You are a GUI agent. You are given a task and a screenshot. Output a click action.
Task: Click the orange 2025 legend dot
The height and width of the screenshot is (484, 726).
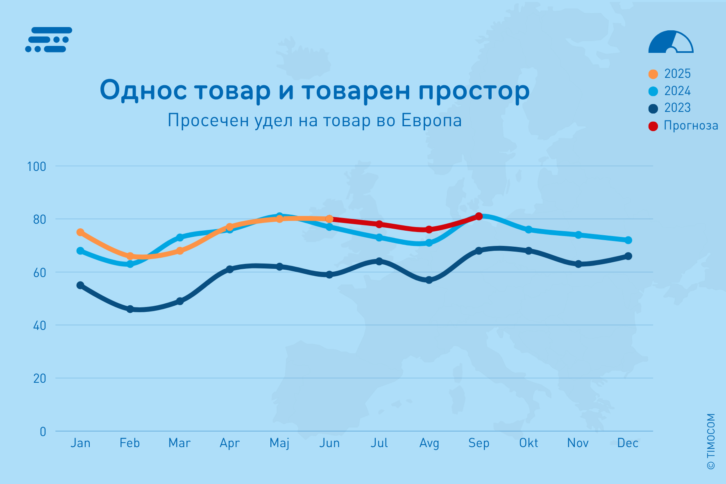pyautogui.click(x=653, y=74)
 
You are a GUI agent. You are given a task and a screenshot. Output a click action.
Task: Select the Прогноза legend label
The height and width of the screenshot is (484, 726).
pyautogui.click(x=691, y=125)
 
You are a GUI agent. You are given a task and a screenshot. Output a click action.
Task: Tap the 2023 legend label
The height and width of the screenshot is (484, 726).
pyautogui.click(x=677, y=108)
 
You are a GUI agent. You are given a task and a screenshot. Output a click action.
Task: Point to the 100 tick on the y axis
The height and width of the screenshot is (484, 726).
pyautogui.click(x=36, y=166)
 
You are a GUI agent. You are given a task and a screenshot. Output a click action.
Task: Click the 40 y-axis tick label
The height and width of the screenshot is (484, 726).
pyautogui.click(x=39, y=325)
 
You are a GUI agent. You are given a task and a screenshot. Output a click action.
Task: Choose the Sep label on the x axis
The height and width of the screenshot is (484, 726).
pyautogui.click(x=479, y=443)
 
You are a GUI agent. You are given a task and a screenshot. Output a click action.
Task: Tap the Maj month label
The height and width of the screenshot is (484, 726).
pyautogui.click(x=279, y=443)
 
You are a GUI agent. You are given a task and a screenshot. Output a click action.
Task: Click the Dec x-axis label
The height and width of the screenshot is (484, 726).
pyautogui.click(x=628, y=443)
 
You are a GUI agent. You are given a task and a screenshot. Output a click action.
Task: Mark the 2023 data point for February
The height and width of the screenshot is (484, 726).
pyautogui.click(x=130, y=309)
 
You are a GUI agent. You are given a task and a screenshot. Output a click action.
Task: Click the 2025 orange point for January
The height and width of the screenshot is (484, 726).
pyautogui.click(x=80, y=232)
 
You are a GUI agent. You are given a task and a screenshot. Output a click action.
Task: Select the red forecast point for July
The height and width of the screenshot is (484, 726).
pyautogui.click(x=379, y=224)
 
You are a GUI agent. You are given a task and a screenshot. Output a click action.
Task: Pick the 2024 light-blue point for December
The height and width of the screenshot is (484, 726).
pyautogui.click(x=628, y=240)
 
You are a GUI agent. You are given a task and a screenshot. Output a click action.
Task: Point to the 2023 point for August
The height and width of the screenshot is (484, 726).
pyautogui.click(x=429, y=280)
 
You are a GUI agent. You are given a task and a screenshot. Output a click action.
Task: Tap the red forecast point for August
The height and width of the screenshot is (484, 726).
pyautogui.click(x=429, y=230)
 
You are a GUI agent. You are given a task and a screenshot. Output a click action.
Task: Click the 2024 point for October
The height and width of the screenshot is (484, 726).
pyautogui.click(x=529, y=230)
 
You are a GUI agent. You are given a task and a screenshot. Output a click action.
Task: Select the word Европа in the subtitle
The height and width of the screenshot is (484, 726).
pyautogui.click(x=431, y=120)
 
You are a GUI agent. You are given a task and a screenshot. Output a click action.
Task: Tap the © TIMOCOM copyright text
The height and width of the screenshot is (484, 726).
pyautogui.click(x=711, y=441)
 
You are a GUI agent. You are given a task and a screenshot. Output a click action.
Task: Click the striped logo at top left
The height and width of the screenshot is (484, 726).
pyautogui.click(x=49, y=40)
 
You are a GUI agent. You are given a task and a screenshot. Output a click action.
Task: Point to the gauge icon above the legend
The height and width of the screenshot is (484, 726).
pyautogui.click(x=671, y=42)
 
